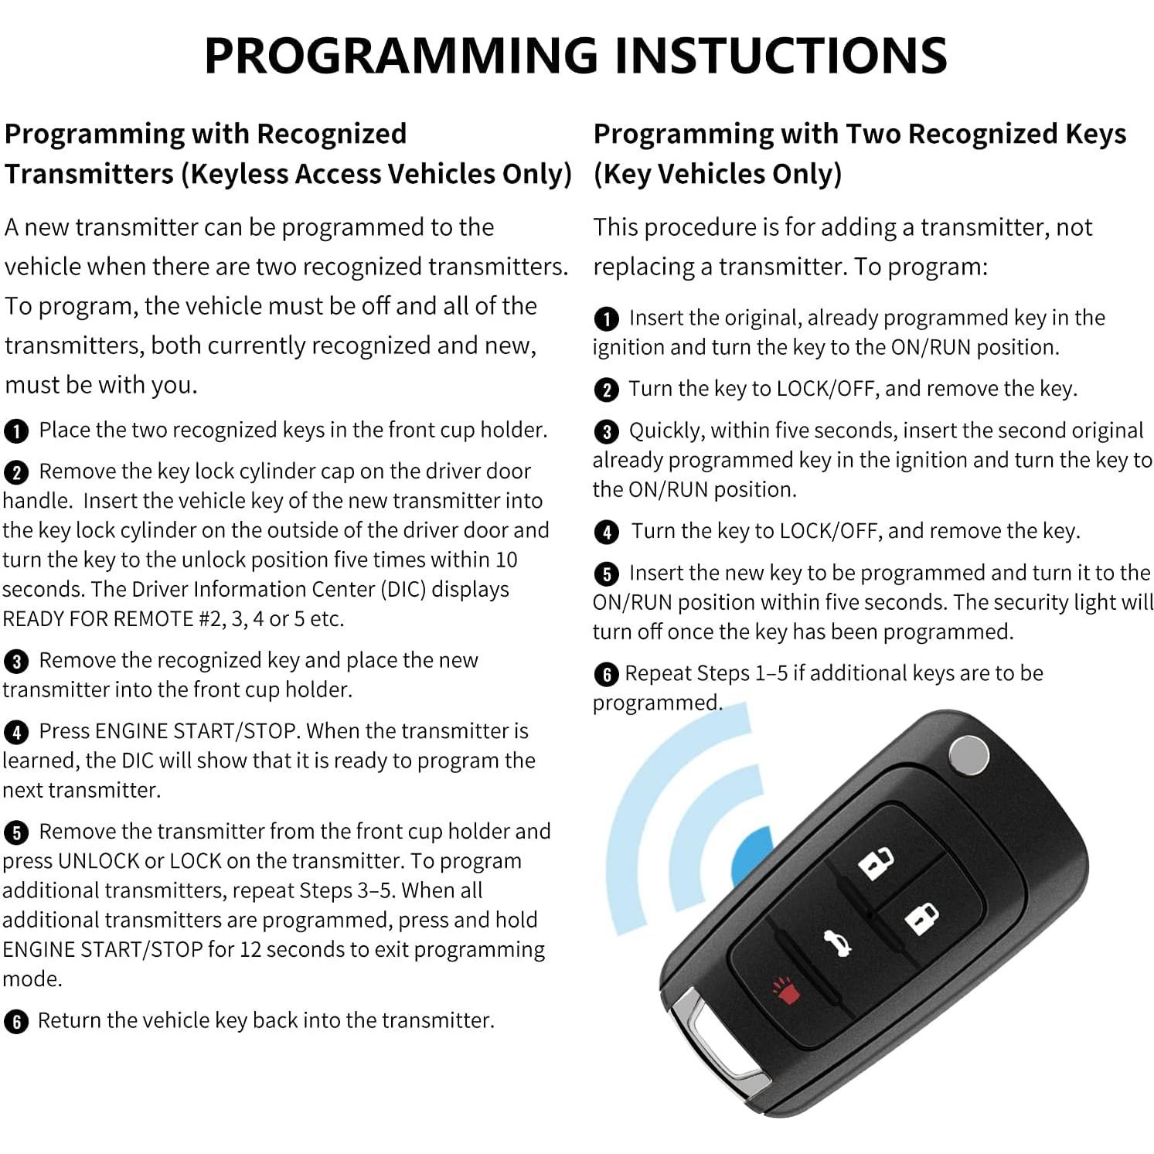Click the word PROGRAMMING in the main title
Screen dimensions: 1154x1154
coord(401,55)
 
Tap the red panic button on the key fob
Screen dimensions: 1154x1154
coord(786,990)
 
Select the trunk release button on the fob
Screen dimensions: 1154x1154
coord(836,944)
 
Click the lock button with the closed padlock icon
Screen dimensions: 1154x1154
coord(921,919)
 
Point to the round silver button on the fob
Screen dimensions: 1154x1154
coord(968,755)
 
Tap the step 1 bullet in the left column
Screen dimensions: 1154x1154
coord(16,431)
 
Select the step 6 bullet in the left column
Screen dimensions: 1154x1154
coord(16,1022)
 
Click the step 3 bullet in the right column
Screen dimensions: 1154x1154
coord(606,431)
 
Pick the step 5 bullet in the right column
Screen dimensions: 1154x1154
coord(606,574)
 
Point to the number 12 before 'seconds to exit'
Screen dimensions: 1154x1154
coord(251,949)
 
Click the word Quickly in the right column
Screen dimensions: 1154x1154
coord(666,431)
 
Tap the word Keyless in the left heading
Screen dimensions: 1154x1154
coord(240,174)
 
